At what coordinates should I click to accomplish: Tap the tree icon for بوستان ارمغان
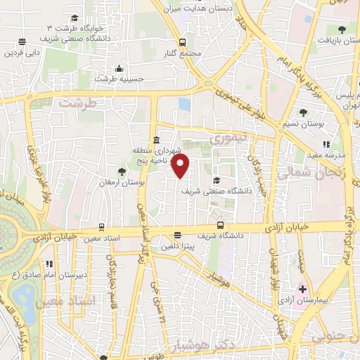[x=122, y=172]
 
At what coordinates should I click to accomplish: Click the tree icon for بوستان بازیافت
[x=342, y=30]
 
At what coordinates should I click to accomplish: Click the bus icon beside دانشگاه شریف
[x=221, y=226]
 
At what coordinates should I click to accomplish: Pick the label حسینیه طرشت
[x=120, y=79]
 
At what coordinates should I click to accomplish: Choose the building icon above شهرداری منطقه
[x=156, y=139]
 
